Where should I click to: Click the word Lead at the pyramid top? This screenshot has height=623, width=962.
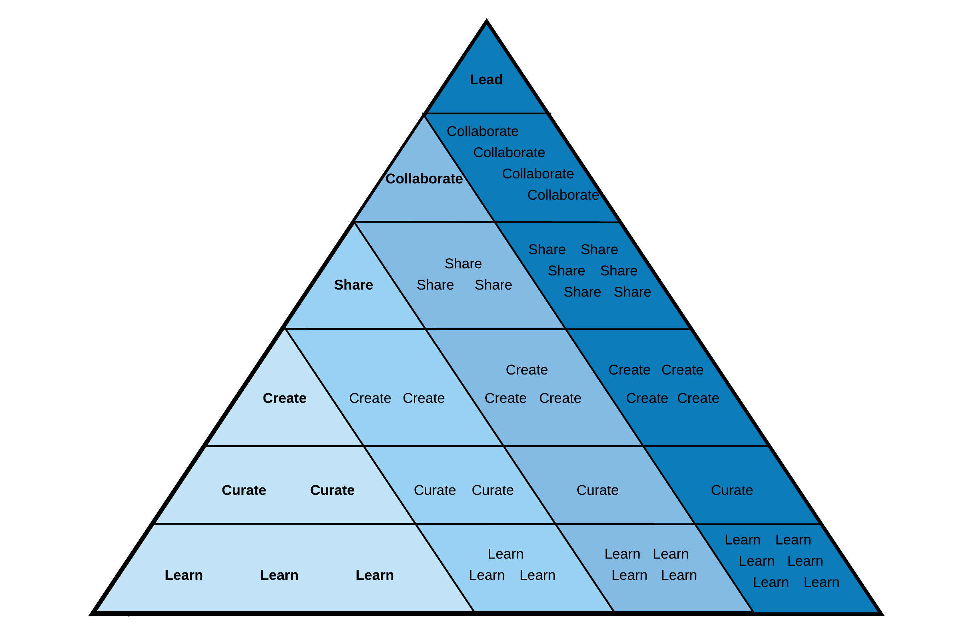point(486,80)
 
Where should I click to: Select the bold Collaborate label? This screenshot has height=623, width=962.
point(424,179)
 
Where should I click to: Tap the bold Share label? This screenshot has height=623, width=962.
point(353,285)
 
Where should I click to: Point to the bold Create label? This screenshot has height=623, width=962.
point(285,399)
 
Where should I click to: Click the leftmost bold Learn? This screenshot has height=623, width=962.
point(184,575)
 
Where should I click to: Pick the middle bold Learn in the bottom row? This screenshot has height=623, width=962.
point(279,575)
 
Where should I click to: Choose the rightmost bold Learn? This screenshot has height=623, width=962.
point(375,575)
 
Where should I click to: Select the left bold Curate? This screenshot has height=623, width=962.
point(244,490)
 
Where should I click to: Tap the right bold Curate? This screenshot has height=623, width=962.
point(332,490)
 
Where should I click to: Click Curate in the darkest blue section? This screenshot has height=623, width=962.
point(732,490)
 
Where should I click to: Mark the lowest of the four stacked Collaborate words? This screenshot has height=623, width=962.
point(563,195)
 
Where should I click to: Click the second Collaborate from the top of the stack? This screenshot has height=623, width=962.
point(509,153)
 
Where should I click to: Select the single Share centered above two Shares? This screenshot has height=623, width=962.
point(463,264)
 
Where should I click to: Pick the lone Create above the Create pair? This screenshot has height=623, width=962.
point(527,370)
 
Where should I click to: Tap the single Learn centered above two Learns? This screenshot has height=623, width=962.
point(506,554)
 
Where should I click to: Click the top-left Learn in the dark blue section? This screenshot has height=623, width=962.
point(742,540)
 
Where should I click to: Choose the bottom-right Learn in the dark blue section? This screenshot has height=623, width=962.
point(821,583)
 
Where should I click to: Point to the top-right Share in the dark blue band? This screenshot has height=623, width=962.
point(599,250)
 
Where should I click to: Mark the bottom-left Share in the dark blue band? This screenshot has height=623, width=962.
point(582,292)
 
